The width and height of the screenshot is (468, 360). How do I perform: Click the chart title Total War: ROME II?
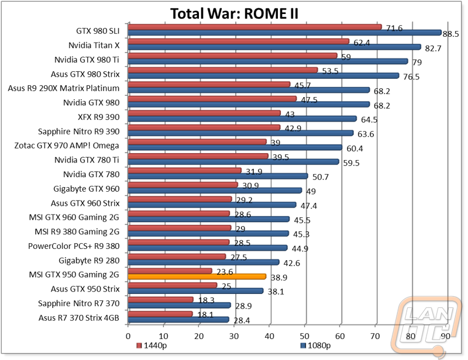[235, 13]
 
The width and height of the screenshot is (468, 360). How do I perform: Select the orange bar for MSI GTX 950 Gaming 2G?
[197, 276]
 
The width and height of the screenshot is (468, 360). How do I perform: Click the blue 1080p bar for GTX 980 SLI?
[285, 33]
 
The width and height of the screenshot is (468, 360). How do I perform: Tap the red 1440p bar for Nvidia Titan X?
[239, 41]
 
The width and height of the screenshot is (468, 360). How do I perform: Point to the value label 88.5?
[450, 34]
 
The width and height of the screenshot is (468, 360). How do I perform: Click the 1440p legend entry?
[152, 345]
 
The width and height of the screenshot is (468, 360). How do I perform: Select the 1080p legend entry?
[315, 345]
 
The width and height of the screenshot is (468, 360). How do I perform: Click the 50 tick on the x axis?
[304, 336]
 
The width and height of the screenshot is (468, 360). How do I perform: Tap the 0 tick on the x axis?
[128, 336]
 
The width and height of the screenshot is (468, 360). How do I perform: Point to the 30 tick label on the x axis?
[234, 336]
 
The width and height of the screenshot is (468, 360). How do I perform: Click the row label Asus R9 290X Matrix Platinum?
[64, 88]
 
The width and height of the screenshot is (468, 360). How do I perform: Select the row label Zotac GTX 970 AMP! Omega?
[67, 146]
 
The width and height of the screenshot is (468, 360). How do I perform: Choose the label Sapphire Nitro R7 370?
[79, 303]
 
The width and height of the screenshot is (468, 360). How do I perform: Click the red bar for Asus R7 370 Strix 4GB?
[160, 314]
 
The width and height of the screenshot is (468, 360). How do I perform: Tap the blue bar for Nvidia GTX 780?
[218, 176]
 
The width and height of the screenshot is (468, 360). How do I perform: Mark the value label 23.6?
[225, 272]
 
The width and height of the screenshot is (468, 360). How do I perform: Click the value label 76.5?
[411, 77]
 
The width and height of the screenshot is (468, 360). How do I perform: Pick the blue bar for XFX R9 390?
[242, 119]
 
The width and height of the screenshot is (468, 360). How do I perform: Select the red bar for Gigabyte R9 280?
[177, 257]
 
